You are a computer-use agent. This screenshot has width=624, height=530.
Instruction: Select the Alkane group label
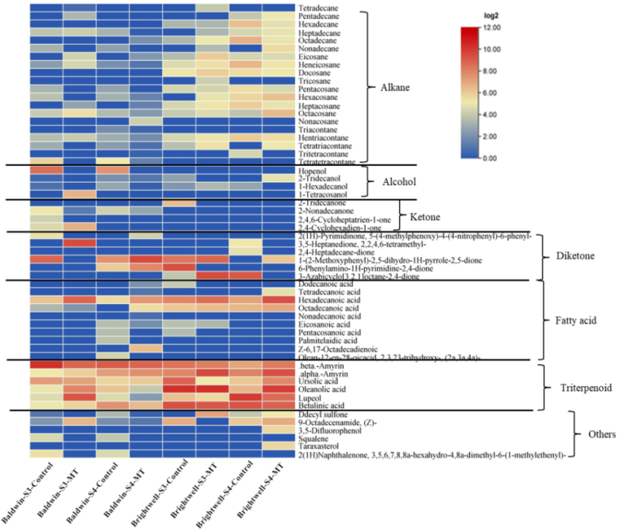394,88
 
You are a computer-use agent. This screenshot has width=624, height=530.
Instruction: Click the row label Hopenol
312,171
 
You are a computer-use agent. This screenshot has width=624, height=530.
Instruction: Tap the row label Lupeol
311,397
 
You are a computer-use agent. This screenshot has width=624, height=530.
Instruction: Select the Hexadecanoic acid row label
328,300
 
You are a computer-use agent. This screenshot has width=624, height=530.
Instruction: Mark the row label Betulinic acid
321,405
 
